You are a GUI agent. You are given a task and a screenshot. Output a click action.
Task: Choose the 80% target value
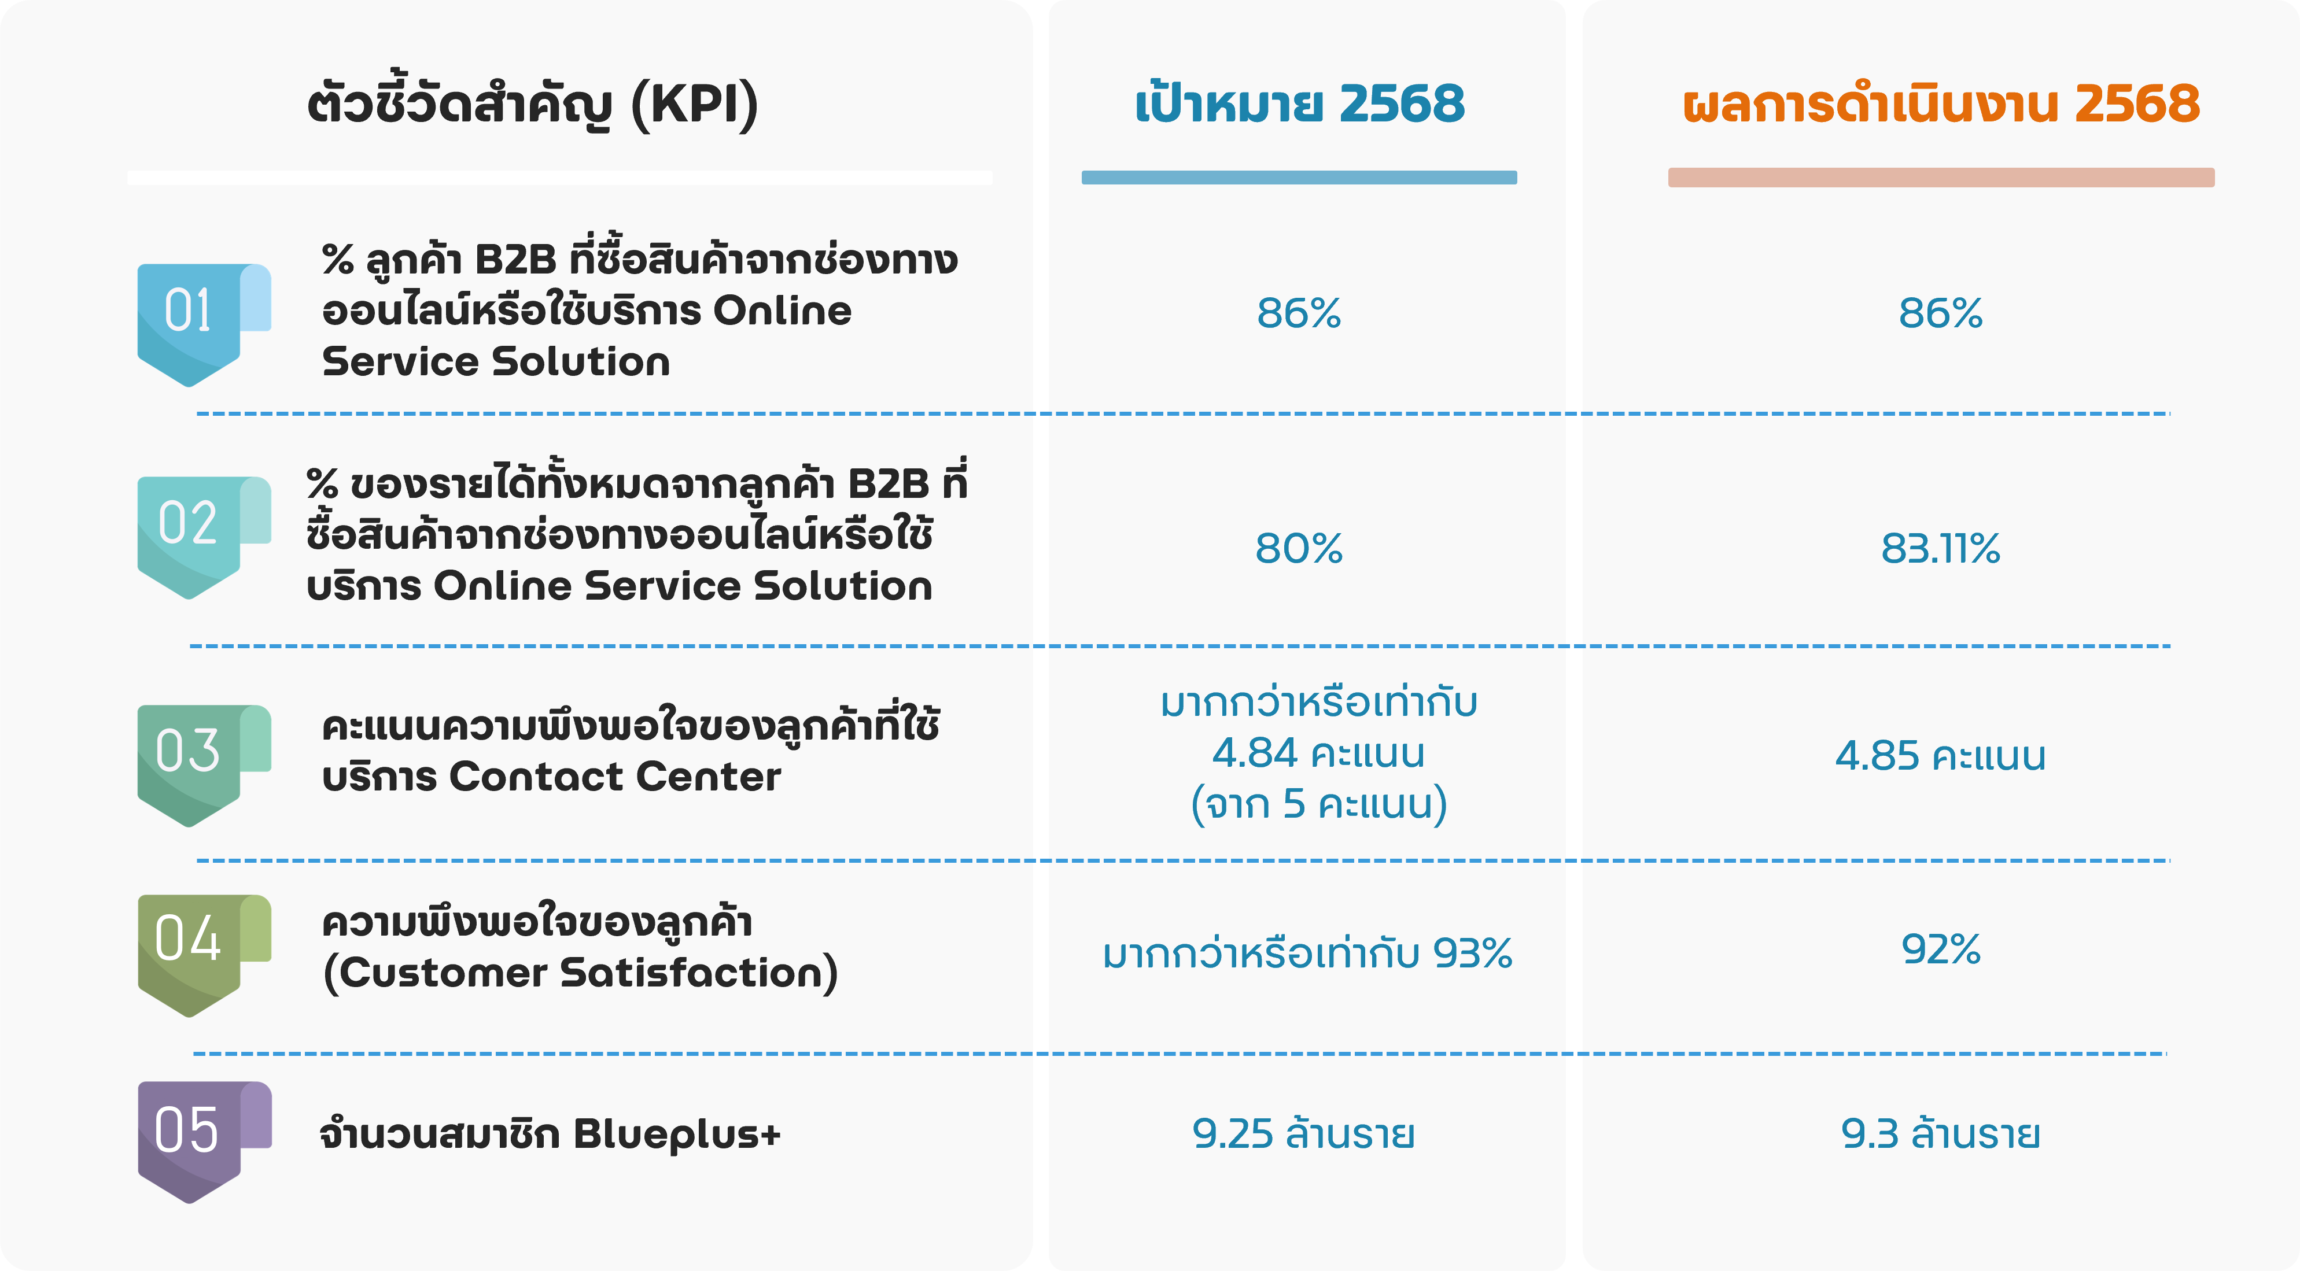point(1299,548)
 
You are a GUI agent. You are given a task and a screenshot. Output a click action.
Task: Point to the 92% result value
point(1941,949)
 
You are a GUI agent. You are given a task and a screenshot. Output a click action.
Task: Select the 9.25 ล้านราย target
point(1303,1133)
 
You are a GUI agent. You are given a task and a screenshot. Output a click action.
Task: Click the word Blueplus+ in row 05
point(677,1135)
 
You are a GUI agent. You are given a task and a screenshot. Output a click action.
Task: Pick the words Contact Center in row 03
point(615,777)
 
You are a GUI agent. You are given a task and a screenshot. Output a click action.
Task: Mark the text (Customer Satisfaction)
point(580,973)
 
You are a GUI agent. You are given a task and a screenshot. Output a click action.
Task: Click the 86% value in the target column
point(1299,313)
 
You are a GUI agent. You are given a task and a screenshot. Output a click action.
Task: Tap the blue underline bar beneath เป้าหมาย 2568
point(1299,178)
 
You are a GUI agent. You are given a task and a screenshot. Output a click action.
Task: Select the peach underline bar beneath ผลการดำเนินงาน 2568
point(1941,178)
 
